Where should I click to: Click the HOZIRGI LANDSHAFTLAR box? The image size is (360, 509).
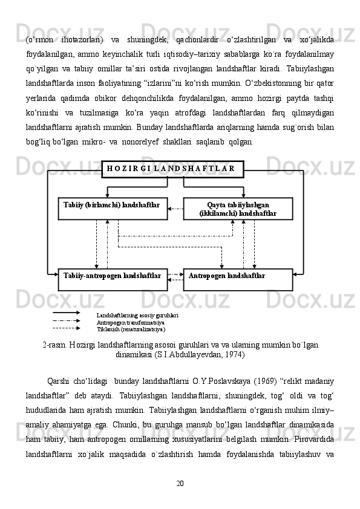coord(172,169)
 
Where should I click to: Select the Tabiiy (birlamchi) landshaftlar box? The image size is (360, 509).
coord(113,209)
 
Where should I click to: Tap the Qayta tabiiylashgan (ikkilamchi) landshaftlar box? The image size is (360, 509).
coord(238,209)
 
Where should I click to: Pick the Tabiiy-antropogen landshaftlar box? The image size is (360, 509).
coord(113,279)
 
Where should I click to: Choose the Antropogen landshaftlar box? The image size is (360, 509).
coord(238,279)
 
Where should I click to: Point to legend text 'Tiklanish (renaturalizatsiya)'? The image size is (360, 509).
coord(131,329)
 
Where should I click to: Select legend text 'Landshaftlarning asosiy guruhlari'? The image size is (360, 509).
coord(137,316)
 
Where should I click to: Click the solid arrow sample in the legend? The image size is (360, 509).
coord(67,313)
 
